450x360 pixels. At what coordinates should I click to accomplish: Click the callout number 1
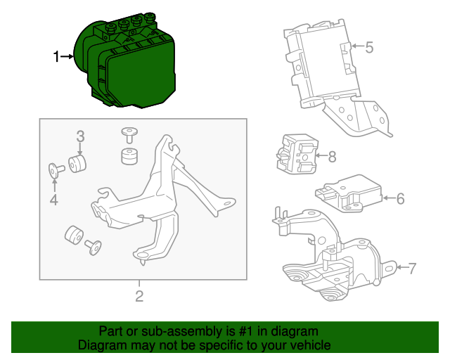[x=57, y=57]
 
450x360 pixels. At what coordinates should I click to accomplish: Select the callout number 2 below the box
[x=139, y=296]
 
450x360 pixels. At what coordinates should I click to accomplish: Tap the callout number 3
[x=80, y=136]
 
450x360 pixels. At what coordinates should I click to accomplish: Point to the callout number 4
[x=54, y=202]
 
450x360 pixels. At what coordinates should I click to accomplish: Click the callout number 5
[x=369, y=48]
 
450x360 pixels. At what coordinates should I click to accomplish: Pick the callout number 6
[x=400, y=199]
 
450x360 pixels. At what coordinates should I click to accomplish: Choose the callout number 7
[x=412, y=267]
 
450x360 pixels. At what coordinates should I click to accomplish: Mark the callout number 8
[x=333, y=155]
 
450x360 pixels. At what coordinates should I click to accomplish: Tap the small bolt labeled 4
[x=56, y=169]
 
